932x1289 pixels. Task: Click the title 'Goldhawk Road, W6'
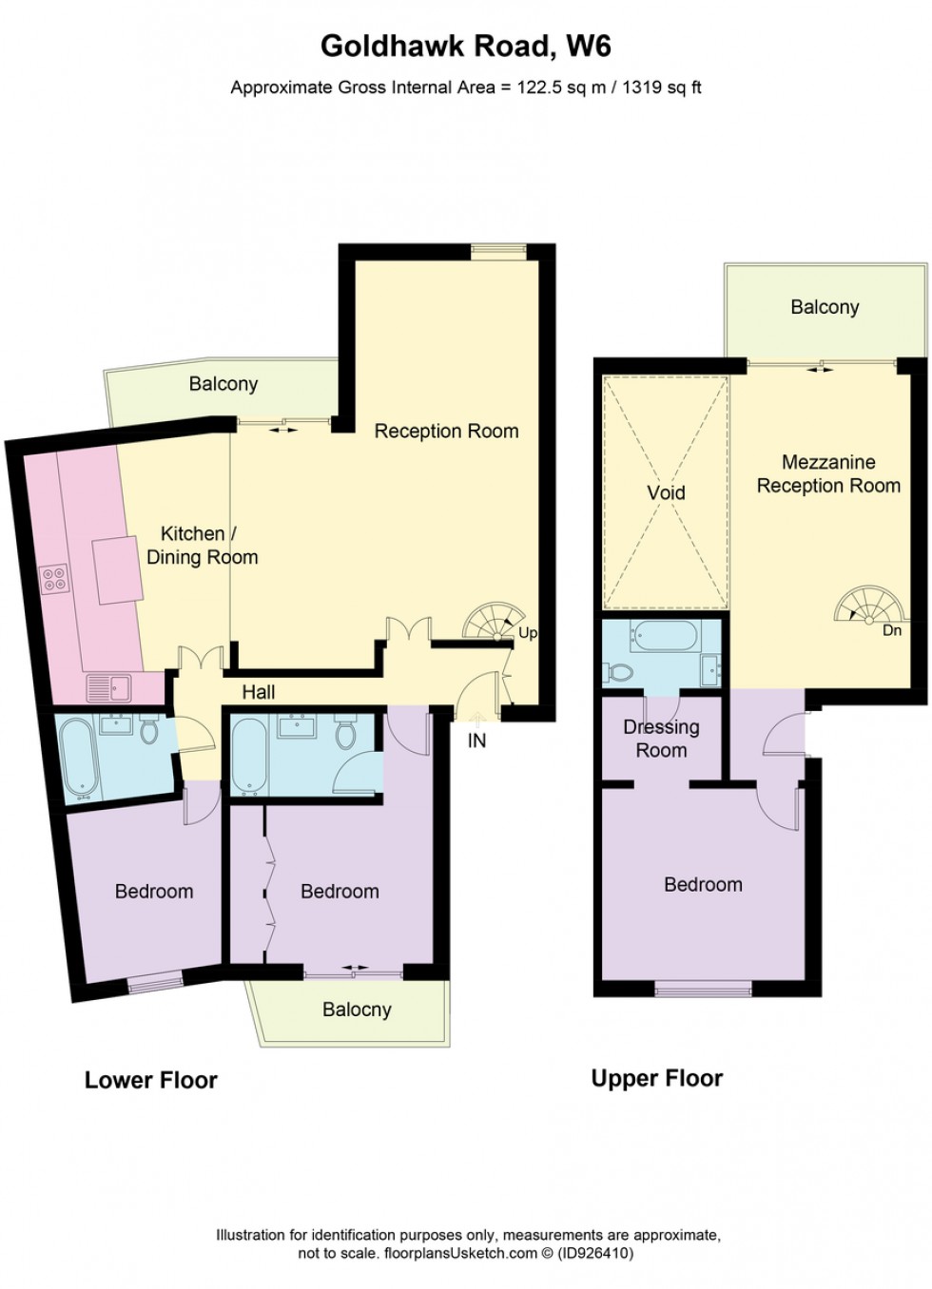465,46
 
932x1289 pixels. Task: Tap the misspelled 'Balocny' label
357,1010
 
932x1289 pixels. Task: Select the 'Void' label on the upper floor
666,492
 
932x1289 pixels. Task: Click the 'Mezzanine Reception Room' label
828,473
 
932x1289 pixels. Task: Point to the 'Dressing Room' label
661,739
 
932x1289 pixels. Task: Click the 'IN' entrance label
476,741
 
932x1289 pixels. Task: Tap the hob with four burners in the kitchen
54,578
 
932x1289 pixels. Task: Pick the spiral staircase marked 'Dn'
864,606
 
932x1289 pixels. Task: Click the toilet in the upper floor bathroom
620,672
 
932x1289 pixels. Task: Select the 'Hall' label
258,692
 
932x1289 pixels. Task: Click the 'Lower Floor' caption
151,1080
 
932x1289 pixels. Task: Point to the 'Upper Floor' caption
657,1078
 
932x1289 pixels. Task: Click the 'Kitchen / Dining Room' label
201,546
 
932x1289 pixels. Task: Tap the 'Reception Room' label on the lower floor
446,431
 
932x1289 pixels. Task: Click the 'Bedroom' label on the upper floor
703,884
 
